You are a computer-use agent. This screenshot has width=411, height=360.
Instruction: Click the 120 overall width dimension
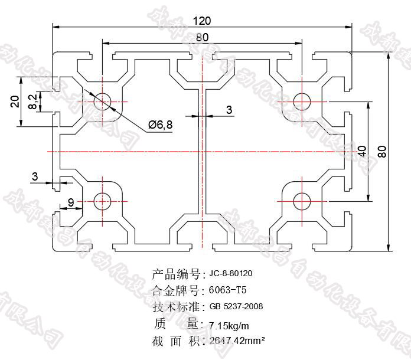(202, 21)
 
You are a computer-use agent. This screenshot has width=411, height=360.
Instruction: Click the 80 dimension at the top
(202, 37)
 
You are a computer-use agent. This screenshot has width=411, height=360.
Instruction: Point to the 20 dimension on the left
(15, 101)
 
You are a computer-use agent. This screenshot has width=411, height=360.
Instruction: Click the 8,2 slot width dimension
(32, 101)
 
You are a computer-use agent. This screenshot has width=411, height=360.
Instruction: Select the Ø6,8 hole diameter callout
(161, 125)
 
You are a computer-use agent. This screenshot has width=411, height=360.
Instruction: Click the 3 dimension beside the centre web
(229, 110)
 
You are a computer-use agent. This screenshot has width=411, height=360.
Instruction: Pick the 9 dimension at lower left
(71, 203)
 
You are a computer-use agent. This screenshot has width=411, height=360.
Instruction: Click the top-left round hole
(103, 101)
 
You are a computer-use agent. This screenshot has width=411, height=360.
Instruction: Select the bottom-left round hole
(103, 201)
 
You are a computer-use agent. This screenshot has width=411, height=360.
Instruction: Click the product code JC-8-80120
(231, 274)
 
